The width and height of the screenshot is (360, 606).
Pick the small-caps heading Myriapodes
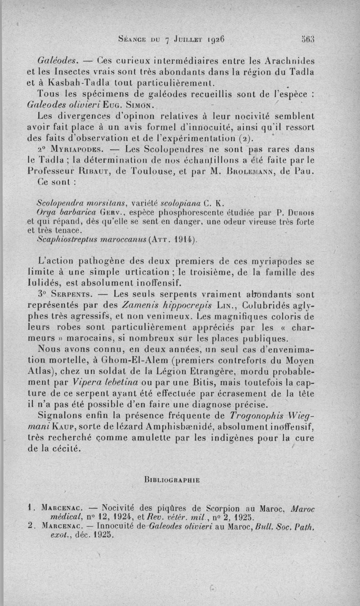coord(76,149)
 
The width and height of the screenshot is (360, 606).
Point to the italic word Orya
coord(45,212)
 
